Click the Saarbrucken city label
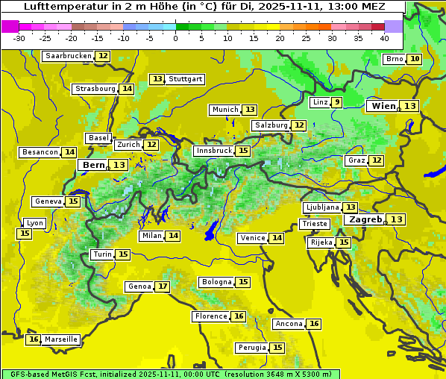point(68,56)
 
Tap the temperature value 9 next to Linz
point(337,102)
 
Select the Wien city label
point(383,106)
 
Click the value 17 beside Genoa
point(162,286)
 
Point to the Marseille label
point(60,339)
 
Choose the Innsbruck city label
point(213,151)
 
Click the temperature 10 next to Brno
point(415,59)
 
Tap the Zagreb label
point(365,219)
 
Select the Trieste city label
point(313,224)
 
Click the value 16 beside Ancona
point(314,324)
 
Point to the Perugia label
point(251,348)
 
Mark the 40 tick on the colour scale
point(384,38)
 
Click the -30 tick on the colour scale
point(19,38)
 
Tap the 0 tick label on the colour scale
point(175,38)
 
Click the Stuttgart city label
point(185,79)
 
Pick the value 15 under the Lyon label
point(24,234)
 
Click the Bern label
point(93,165)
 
